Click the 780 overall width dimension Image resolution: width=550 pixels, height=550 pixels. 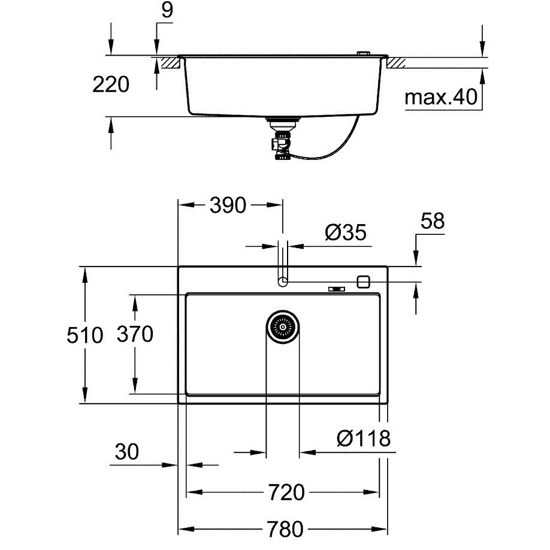click(x=285, y=528)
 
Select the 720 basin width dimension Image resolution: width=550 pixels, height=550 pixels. click(x=286, y=492)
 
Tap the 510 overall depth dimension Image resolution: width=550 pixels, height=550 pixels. click(x=85, y=335)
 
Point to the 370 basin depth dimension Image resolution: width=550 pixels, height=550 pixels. click(x=135, y=334)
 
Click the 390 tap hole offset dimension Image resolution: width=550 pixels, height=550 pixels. click(x=228, y=205)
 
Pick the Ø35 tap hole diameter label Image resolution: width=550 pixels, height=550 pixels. click(x=346, y=232)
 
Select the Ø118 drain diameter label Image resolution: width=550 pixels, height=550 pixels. click(x=364, y=438)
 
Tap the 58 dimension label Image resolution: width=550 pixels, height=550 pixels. click(x=433, y=220)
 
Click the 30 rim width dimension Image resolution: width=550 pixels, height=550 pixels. click(x=127, y=451)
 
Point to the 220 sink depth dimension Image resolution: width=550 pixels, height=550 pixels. click(x=111, y=84)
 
